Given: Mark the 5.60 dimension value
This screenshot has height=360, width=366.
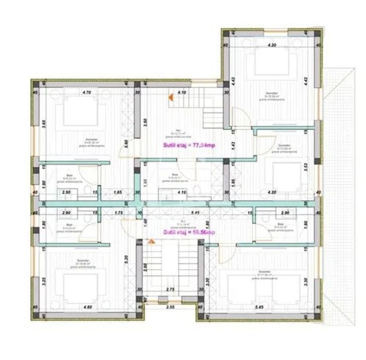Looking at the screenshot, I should point(126,143).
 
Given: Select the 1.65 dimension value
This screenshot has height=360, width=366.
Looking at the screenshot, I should point(118,192).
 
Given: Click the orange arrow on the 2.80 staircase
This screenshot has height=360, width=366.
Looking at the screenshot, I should point(151,241).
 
